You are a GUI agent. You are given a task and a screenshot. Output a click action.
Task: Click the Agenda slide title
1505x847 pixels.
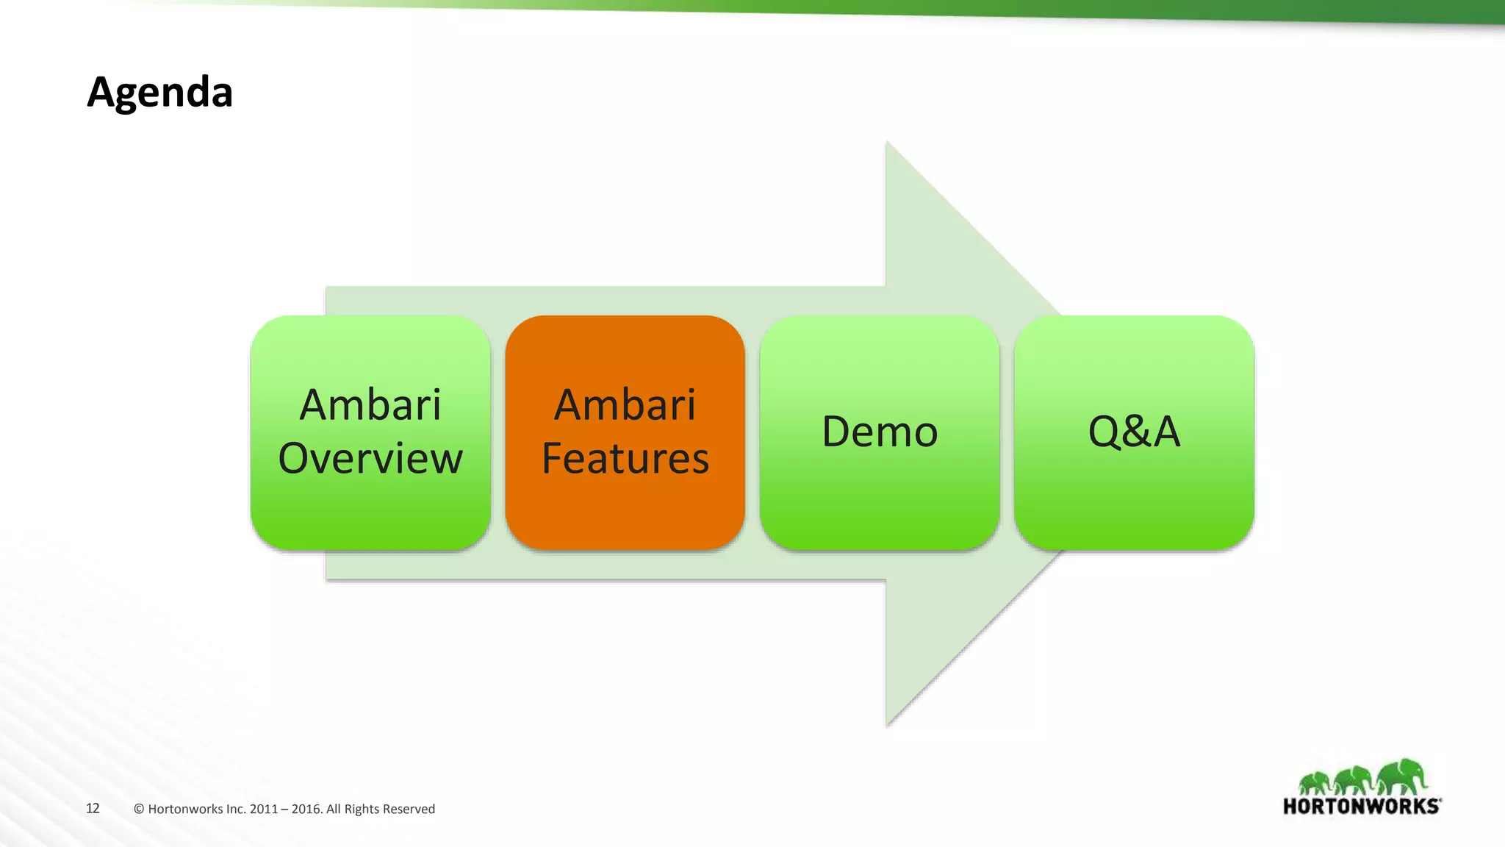(159, 93)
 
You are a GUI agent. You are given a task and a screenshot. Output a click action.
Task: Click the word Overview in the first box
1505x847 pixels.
(370, 459)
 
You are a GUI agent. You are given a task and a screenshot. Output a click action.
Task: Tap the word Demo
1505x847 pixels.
(880, 432)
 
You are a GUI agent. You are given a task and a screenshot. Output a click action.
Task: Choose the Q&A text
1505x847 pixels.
(1134, 432)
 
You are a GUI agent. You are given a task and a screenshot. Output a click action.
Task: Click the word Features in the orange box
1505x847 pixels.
(625, 459)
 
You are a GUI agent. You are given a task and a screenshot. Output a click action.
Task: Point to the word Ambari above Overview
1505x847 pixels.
(370, 405)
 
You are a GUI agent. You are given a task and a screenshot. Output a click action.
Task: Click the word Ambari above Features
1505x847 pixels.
(625, 405)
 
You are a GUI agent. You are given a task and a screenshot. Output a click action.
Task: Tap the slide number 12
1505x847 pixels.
(93, 809)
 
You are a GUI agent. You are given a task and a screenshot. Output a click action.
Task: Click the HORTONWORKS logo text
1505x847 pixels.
(1361, 807)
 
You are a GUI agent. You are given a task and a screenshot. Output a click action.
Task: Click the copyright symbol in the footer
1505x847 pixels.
(139, 810)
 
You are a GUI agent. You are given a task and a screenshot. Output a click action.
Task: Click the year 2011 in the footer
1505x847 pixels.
(263, 810)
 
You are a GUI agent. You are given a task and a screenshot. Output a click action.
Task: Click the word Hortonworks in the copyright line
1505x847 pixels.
(185, 810)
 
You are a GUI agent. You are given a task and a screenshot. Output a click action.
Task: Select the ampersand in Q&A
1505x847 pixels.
(1135, 432)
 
